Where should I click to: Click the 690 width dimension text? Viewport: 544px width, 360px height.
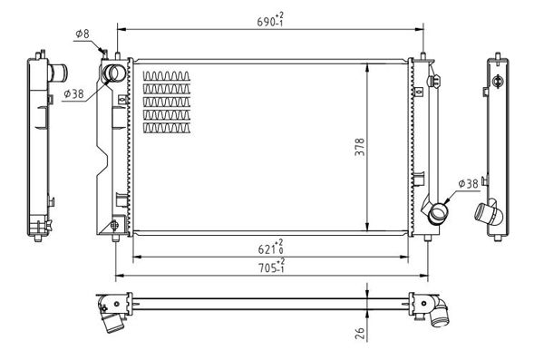pos(270,20)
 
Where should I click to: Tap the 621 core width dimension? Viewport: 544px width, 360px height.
pos(271,247)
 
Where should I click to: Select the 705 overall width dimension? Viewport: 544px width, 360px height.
pos(271,266)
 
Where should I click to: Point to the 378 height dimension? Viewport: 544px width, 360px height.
pos(360,147)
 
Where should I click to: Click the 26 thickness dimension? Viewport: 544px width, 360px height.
pos(360,333)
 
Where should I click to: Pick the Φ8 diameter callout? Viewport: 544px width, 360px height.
pos(83,34)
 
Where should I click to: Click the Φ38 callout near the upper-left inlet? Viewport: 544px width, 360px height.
pos(74,93)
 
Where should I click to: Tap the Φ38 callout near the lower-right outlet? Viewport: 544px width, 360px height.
pos(468,184)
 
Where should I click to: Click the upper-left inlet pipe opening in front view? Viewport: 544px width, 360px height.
pos(113,73)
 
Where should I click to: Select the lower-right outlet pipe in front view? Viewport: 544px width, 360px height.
pos(438,213)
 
